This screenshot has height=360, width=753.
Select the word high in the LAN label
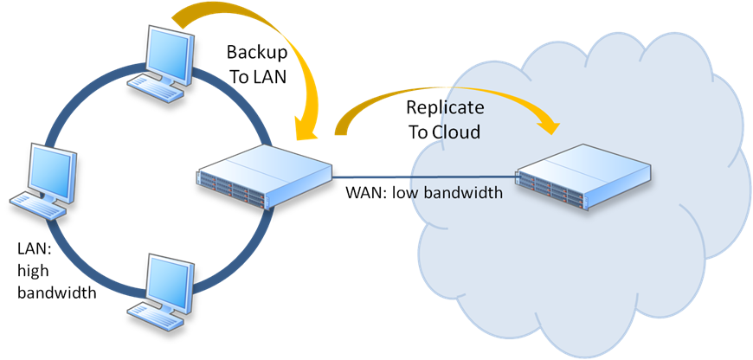point(34,272)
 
